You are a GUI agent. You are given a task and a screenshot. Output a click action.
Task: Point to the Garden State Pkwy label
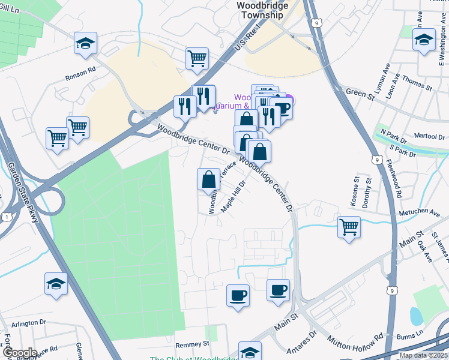click(x=23, y=193)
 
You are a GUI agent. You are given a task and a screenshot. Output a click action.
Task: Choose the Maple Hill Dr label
click(x=235, y=197)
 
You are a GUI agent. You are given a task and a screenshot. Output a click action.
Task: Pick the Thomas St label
click(x=417, y=83)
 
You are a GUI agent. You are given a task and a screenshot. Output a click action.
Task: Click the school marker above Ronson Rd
click(x=86, y=43)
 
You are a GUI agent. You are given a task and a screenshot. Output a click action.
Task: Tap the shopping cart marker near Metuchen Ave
click(x=349, y=227)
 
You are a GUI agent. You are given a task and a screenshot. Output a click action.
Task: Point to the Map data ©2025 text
click(x=423, y=355)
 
